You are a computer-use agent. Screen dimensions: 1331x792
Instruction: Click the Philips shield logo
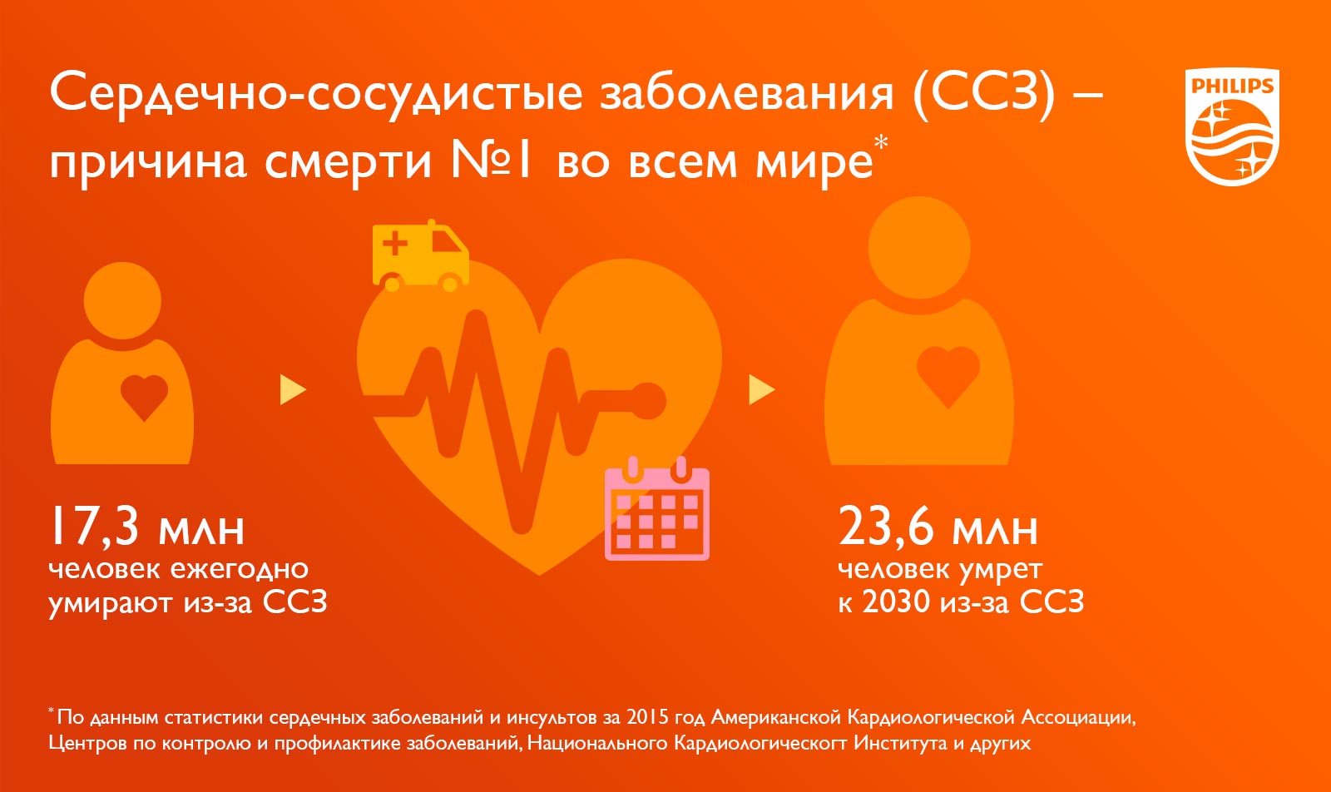point(1232,127)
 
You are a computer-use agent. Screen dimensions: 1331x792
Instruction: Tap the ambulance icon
point(421,256)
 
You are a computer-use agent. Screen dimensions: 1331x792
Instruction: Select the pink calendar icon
point(657,508)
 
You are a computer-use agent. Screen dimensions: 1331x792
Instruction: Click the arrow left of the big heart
point(293,390)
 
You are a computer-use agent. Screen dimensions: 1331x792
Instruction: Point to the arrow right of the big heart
point(762,390)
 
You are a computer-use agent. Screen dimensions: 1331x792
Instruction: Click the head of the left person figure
point(122,300)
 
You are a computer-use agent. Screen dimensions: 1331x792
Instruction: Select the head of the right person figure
point(919,248)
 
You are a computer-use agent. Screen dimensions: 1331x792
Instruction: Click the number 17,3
point(95,527)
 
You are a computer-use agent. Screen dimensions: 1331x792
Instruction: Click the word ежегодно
point(240,569)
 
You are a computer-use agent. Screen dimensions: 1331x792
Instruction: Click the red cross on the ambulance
point(395,243)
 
